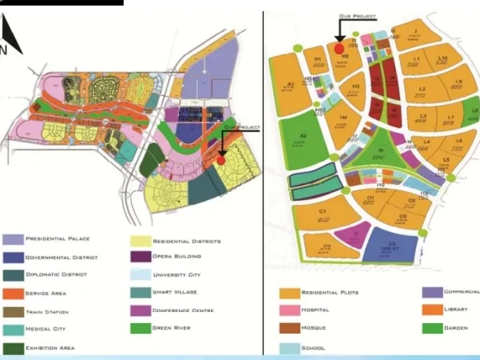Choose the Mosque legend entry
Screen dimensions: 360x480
[x=314, y=328]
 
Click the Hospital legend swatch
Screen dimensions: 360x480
[x=289, y=310]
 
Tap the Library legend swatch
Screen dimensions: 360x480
[x=433, y=310]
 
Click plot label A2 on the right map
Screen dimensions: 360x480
[x=303, y=137]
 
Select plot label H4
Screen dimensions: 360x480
[x=343, y=118]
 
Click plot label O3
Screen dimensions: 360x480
[x=403, y=215]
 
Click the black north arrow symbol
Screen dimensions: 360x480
[x=11, y=36]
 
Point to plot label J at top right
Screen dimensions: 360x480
[x=416, y=32]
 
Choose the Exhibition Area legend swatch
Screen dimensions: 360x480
[x=13, y=347]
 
